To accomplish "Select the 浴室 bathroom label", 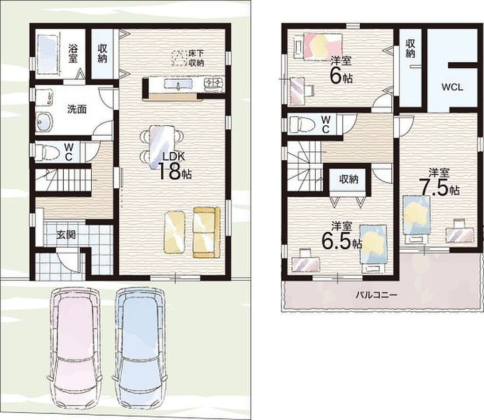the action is point(73,53).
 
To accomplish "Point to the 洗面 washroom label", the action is point(77,109).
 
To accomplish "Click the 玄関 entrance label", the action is point(66,235).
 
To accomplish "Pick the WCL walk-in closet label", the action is point(452,87).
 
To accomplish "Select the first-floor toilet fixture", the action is point(47,152).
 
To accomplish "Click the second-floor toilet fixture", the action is point(302,124).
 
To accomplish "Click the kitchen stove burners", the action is point(214,83).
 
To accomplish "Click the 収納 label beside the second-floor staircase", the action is point(348,179).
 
